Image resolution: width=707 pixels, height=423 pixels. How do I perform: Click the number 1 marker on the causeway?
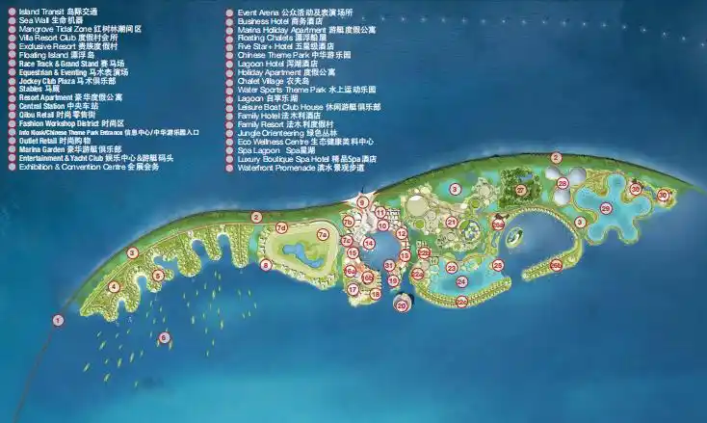pos(59,320)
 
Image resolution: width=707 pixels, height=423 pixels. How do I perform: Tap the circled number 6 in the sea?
pos(165,337)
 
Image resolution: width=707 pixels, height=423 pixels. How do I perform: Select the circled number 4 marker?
pos(114,286)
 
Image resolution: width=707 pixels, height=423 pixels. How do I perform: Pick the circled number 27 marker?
pos(521,191)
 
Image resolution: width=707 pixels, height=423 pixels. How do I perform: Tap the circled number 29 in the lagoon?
pos(606,208)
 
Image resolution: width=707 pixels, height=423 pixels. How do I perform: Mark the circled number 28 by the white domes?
pos(562,183)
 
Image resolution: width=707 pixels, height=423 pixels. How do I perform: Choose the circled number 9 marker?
pos(362,202)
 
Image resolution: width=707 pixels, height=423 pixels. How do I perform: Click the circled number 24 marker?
pos(461,281)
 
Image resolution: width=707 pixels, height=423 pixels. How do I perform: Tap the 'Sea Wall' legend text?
pos(39,19)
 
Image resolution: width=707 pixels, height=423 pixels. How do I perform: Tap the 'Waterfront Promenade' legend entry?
pos(300,167)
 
